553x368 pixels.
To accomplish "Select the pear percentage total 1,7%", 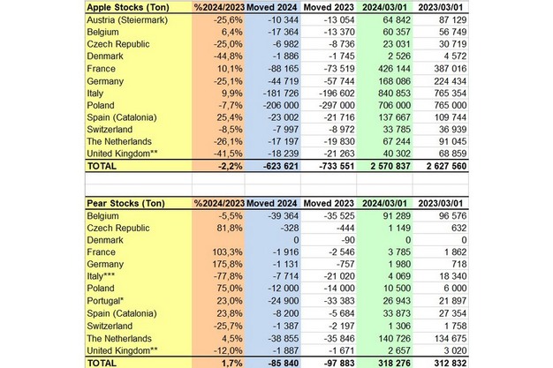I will [x=226, y=362].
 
